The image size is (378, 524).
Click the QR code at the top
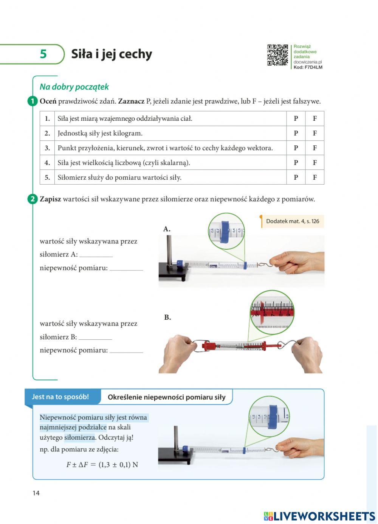click(x=277, y=55)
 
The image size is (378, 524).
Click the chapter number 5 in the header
click(x=43, y=54)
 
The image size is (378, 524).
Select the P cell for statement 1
click(x=296, y=118)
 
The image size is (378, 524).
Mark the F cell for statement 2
click(x=314, y=133)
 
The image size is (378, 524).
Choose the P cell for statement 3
click(x=296, y=148)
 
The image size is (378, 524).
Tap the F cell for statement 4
click(x=314, y=163)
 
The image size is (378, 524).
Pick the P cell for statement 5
click(x=296, y=177)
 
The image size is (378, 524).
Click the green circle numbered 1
click(x=33, y=101)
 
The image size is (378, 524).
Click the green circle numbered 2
click(x=33, y=199)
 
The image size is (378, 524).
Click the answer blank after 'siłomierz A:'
click(x=96, y=255)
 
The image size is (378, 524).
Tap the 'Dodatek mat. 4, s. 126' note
click(x=292, y=221)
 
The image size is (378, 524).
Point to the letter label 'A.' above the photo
click(x=167, y=229)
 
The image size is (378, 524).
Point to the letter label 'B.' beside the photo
click(x=167, y=317)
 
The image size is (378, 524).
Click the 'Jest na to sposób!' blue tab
click(x=60, y=397)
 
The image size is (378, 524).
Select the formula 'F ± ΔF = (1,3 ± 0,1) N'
click(x=102, y=465)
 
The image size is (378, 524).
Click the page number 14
click(x=36, y=493)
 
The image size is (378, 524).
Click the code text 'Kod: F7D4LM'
click(x=308, y=67)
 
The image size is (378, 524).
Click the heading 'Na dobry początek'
click(x=74, y=87)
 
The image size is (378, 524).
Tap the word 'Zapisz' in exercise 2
click(x=50, y=199)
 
